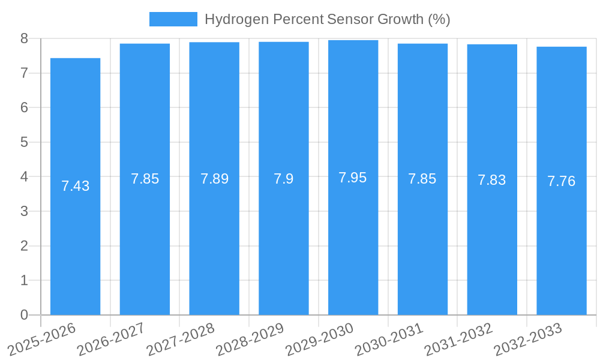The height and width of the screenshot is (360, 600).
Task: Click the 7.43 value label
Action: [x=75, y=186]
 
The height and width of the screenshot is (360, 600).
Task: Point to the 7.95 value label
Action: [x=353, y=178]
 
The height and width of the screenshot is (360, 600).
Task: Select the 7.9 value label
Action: [x=283, y=179]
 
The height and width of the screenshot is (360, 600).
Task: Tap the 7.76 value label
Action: [x=562, y=181]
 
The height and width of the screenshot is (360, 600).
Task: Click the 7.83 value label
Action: [x=492, y=180]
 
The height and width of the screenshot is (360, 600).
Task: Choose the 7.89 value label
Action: [x=214, y=179]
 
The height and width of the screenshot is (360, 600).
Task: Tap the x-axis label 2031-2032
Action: [x=458, y=339]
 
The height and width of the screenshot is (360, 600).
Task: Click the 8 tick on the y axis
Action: [x=24, y=38]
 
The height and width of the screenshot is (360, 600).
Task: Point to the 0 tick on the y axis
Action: [x=24, y=315]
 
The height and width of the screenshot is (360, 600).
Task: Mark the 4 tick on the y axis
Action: [x=24, y=177]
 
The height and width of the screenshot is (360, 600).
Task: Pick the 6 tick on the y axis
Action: [x=24, y=107]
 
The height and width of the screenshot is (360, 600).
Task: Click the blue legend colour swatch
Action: [x=173, y=19]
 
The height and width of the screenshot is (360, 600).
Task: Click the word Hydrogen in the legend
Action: [x=230, y=19]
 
